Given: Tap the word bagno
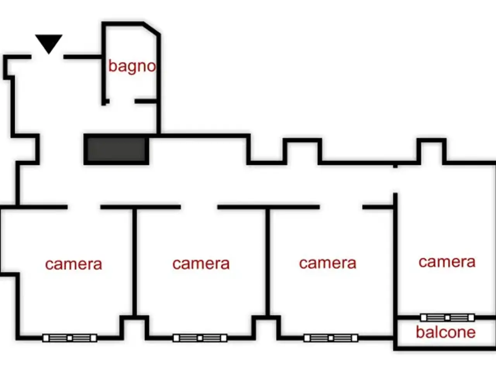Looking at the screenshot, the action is [132, 66].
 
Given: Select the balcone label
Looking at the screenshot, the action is [446, 332].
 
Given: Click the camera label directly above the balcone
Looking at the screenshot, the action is [447, 262].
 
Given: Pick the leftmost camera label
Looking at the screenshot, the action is [74, 264].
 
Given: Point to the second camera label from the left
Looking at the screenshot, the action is [201, 264].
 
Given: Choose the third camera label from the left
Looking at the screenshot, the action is [328, 263].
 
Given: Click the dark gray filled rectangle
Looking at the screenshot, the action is [116, 150].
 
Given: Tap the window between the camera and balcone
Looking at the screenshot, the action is [448, 318].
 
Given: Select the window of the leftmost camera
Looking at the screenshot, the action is [70, 338].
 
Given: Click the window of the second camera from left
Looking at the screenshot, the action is [200, 338].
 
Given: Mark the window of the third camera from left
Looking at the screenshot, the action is [331, 338].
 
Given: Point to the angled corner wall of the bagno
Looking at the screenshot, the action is [152, 29].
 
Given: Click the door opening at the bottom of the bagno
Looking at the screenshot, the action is [122, 101].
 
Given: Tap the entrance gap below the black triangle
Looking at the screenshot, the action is [47, 57].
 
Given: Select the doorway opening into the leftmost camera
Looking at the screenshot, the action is [84, 207].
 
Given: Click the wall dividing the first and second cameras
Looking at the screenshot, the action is [134, 262].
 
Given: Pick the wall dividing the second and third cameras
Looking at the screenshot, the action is [268, 262].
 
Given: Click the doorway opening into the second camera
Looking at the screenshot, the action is [199, 207].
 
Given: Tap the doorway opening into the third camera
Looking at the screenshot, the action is [341, 207].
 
